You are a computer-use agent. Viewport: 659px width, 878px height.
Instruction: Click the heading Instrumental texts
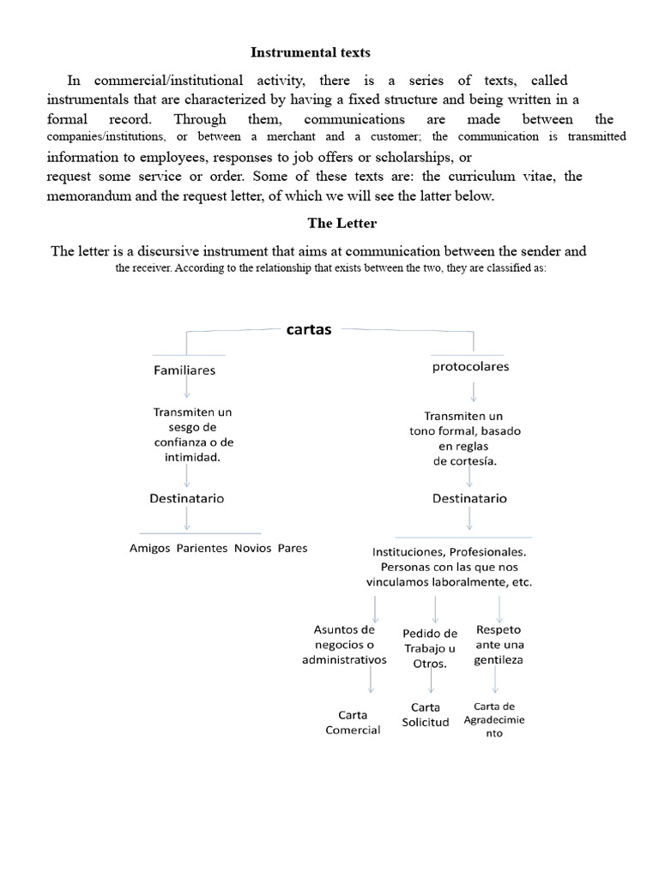point(310,53)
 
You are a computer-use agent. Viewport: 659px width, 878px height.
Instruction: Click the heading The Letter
point(342,223)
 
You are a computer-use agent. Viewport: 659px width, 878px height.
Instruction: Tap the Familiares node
point(184,370)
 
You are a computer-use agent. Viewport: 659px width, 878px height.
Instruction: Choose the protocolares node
point(469,366)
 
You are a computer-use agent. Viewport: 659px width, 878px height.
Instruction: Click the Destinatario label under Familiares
point(188,498)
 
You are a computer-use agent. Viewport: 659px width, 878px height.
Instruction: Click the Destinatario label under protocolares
point(469,498)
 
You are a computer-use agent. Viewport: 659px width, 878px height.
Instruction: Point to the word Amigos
point(149,548)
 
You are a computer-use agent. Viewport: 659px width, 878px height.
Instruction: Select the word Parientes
point(202,548)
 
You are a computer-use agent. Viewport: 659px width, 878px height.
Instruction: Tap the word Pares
point(293,548)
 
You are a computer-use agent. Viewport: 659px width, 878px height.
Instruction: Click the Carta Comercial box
point(353,722)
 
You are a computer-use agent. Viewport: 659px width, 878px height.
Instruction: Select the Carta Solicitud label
point(426,714)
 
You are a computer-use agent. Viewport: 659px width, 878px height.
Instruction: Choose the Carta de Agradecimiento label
point(494,719)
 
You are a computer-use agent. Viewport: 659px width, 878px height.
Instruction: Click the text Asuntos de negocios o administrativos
point(344,645)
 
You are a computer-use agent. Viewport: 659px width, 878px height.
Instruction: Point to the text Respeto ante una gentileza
point(499,644)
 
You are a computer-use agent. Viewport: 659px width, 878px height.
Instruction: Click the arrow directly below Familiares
point(186,389)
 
